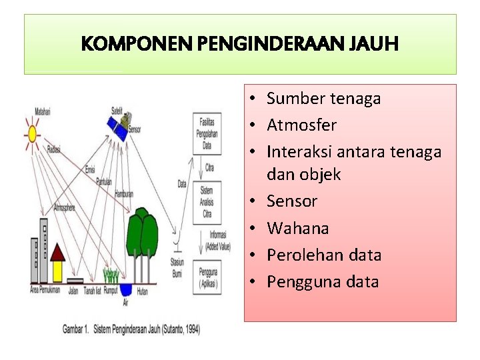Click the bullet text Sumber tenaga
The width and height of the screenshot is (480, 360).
click(323, 99)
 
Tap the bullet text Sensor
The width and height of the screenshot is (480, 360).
click(292, 201)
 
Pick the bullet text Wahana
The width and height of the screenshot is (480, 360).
click(298, 228)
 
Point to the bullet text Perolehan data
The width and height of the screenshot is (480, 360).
click(324, 255)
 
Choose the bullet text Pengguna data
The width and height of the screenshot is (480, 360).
click(323, 281)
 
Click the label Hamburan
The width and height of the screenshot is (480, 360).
click(124, 195)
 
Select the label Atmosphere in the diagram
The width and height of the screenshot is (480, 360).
click(64, 205)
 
